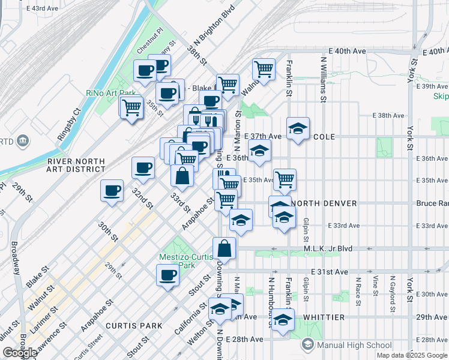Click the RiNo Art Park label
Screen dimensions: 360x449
click(x=103, y=92)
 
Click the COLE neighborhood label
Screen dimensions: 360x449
click(x=324, y=137)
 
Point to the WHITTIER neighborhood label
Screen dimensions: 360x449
click(x=324, y=317)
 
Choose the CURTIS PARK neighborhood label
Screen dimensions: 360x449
click(x=134, y=326)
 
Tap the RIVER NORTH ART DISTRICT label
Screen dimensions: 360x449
click(x=76, y=166)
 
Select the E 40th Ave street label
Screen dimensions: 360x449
click(x=346, y=52)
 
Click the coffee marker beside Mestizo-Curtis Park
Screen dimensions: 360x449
click(x=167, y=275)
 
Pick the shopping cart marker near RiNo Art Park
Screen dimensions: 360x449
click(x=131, y=107)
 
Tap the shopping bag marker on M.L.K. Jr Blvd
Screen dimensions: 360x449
click(x=224, y=247)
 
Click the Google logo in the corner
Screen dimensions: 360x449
click(x=20, y=353)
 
